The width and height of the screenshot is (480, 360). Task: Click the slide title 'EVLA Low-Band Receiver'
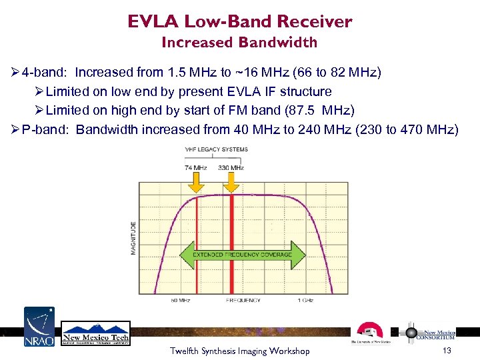coord(239,21)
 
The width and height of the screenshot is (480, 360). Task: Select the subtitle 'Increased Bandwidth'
coord(239,43)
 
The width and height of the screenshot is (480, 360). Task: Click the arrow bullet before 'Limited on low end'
coord(39,91)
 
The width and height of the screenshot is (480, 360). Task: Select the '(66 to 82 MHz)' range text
coord(351,72)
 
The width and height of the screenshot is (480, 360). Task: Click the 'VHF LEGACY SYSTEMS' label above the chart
coord(216,149)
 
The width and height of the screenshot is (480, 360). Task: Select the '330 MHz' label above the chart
coord(231,167)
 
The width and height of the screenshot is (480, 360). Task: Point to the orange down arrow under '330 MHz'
coord(231,182)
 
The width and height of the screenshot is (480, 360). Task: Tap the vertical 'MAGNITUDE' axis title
coord(133,237)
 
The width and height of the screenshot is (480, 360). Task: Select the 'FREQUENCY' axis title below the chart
coord(243,301)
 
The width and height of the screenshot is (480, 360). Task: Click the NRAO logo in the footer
coord(40,327)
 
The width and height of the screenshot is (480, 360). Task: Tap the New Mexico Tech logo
coord(96,333)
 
